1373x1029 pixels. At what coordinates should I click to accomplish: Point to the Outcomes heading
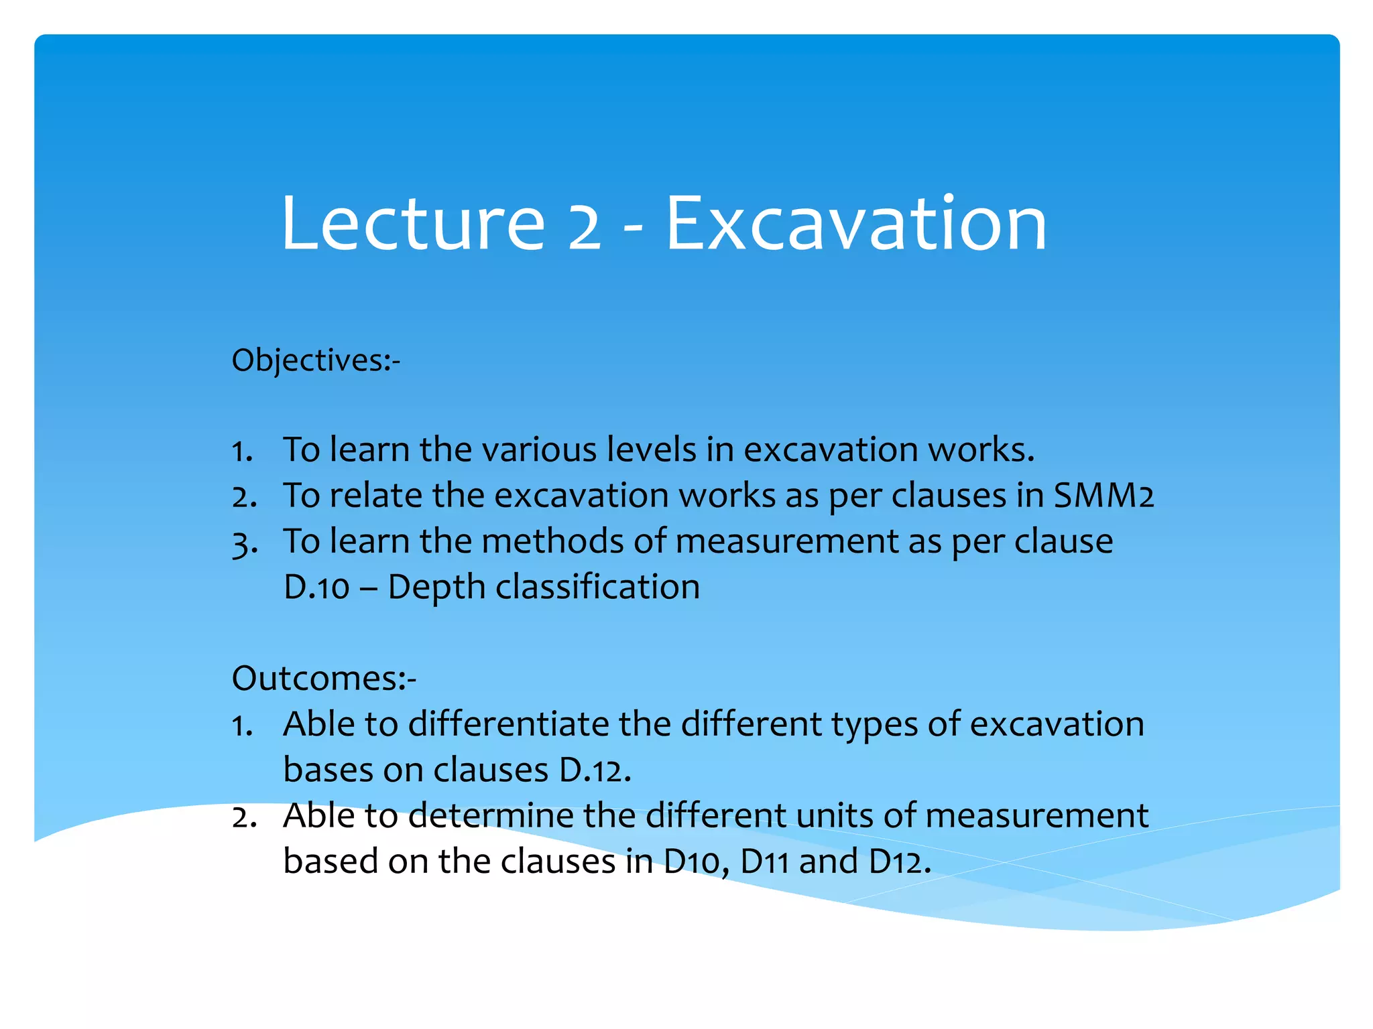click(323, 679)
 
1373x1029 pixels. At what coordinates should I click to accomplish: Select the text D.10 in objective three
click(316, 588)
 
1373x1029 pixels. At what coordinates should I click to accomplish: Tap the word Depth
click(436, 588)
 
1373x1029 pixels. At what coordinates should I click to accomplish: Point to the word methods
click(552, 541)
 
